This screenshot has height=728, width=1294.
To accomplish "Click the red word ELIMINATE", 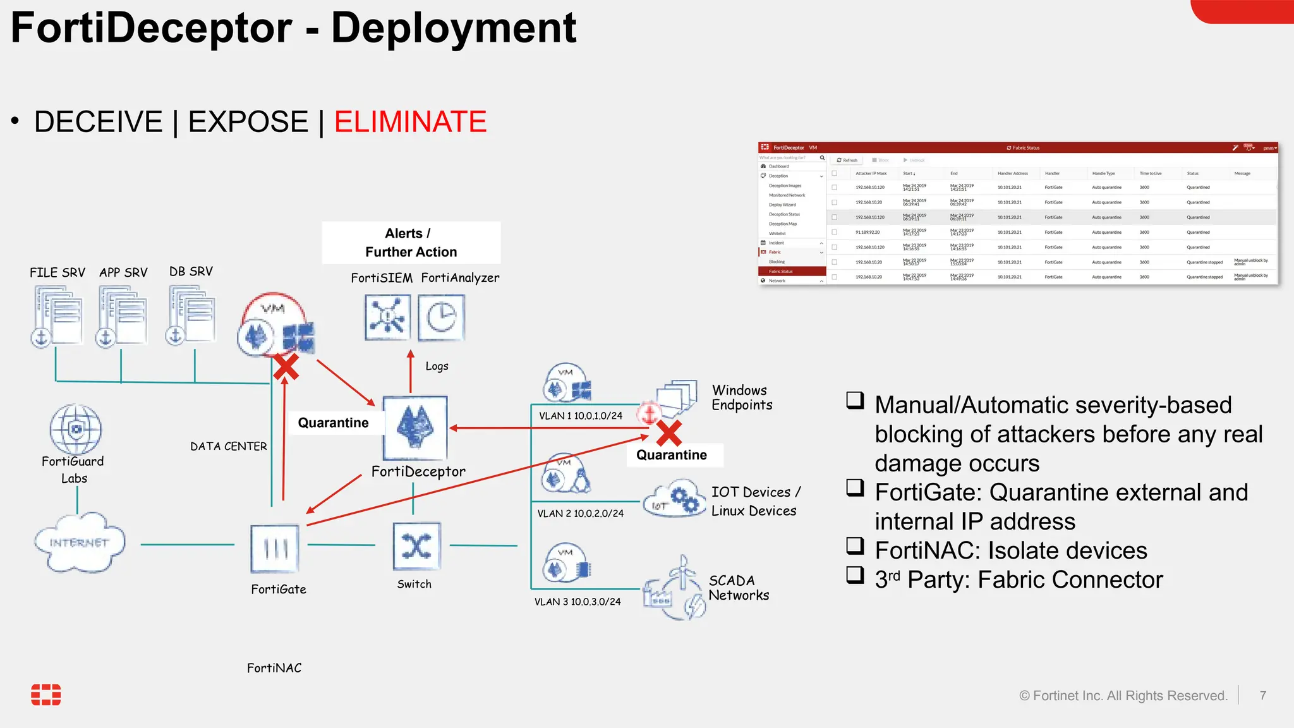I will [x=410, y=121].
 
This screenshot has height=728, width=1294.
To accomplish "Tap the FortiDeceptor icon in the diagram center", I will [x=414, y=428].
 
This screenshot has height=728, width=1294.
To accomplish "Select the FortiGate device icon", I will [x=275, y=549].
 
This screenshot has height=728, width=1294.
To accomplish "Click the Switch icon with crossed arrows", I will [x=416, y=546].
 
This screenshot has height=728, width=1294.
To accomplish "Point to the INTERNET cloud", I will [x=79, y=543].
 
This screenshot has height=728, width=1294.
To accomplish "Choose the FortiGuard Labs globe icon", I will [x=76, y=429].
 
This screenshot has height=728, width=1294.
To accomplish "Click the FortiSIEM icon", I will [x=387, y=317].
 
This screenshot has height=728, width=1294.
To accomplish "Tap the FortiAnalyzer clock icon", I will [x=442, y=317].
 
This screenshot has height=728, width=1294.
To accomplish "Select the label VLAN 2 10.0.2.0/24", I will [x=580, y=513].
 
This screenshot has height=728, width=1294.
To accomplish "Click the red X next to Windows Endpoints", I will [x=668, y=434].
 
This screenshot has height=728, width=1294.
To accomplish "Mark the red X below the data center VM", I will [x=286, y=367].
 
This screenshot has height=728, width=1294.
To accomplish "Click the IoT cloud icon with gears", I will [x=675, y=500].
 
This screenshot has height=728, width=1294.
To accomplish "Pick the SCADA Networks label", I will [x=738, y=588].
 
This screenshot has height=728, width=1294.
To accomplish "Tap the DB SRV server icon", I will [x=191, y=315].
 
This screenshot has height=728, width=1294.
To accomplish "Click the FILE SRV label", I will [x=57, y=272].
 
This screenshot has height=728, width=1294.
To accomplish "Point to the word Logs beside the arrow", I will [x=437, y=366].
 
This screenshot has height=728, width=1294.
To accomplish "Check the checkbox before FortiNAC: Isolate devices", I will [x=855, y=545].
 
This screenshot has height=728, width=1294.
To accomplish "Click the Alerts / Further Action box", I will [x=411, y=243].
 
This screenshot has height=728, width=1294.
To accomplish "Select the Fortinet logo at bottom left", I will [x=46, y=695].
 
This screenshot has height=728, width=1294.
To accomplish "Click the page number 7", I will [x=1262, y=695].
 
